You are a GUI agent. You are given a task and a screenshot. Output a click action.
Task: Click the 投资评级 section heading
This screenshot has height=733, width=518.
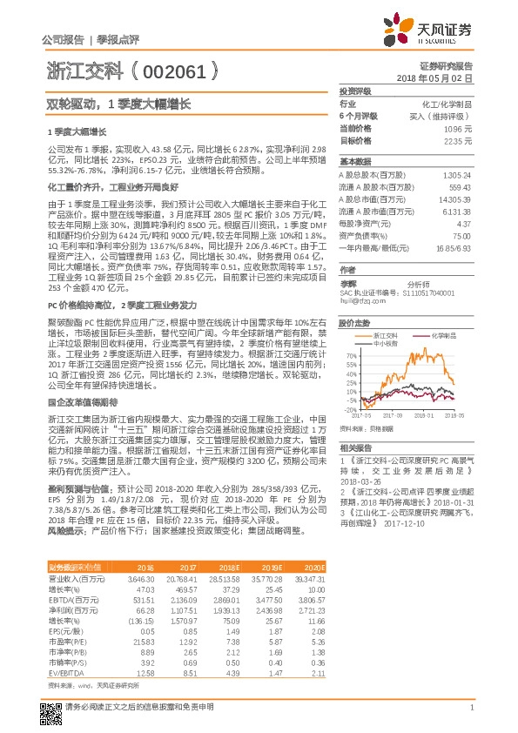pos(355,91)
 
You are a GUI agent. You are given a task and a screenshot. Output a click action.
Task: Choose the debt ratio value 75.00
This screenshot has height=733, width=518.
pos(461,236)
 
